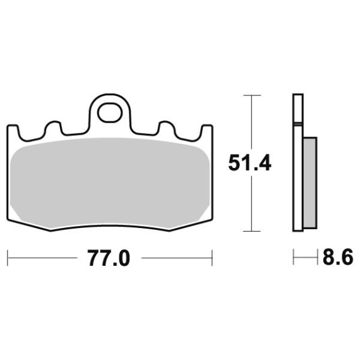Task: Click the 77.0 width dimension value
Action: pos(109,258)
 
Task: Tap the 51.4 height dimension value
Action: pos(249,163)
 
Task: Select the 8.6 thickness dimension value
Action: pos(337,256)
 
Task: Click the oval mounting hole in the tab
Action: pos(110,112)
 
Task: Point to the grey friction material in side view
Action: pos(310,183)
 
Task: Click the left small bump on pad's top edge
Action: pos(53,126)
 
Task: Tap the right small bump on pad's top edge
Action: pos(167,126)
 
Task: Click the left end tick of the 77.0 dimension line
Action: pos(8,258)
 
